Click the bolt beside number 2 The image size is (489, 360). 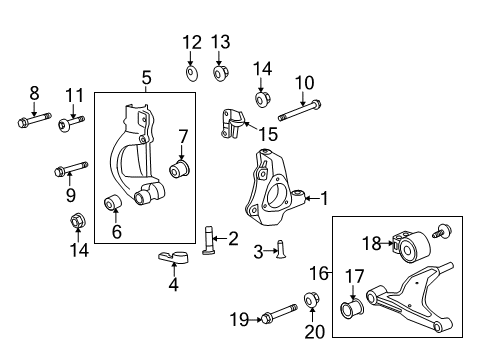point(209,241)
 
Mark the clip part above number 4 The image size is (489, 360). point(174,260)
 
